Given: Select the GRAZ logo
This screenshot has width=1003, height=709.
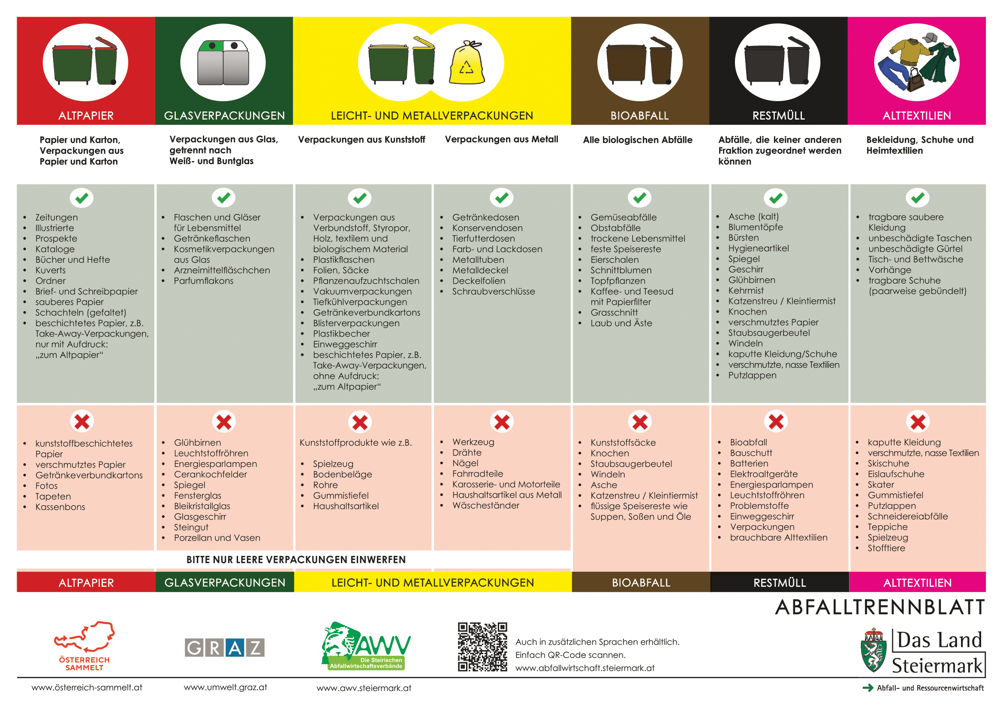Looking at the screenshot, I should [x=225, y=647].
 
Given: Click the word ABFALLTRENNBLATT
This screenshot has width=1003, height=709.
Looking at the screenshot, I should [x=880, y=607].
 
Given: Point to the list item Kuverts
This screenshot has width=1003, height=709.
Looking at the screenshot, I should [x=50, y=270].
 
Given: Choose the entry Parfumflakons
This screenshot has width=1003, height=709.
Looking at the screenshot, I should [x=204, y=281].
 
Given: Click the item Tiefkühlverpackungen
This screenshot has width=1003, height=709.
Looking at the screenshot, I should [x=360, y=302].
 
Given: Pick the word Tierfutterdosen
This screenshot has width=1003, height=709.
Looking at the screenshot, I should [x=484, y=238].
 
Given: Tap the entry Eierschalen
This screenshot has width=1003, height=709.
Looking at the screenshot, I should [x=614, y=260].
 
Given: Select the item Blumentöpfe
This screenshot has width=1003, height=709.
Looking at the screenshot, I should [x=755, y=227].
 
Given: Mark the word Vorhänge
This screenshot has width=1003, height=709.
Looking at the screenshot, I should [x=890, y=270].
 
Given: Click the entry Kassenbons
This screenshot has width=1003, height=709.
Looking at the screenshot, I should [x=60, y=507].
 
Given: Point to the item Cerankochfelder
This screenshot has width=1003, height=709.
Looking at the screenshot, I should [x=211, y=474].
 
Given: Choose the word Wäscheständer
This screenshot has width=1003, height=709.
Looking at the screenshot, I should [x=486, y=505].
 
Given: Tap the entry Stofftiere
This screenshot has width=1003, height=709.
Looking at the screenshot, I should [x=886, y=548].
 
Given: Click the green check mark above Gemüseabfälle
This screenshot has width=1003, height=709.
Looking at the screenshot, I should [x=639, y=198].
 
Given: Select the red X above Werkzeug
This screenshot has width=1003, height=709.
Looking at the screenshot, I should [x=502, y=422].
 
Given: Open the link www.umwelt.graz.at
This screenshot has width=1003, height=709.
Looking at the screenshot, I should [x=226, y=687].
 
